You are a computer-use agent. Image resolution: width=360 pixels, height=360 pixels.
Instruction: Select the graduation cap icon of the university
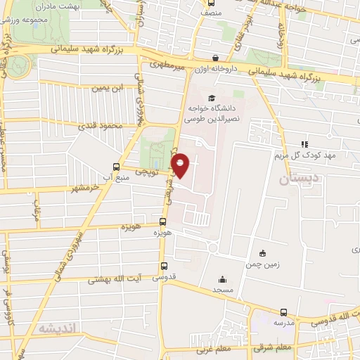click(212, 98)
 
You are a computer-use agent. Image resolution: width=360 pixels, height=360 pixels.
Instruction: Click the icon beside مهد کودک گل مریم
click(304, 143)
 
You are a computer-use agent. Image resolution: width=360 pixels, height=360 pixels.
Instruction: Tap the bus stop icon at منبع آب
click(117, 167)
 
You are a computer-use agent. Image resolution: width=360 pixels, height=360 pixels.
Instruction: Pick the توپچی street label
click(156, 170)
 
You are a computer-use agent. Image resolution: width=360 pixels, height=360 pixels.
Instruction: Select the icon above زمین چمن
click(262, 253)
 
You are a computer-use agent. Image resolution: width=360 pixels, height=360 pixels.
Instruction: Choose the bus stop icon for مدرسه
click(283, 312)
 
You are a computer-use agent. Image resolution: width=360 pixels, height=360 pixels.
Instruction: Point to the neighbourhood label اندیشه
click(56, 328)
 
